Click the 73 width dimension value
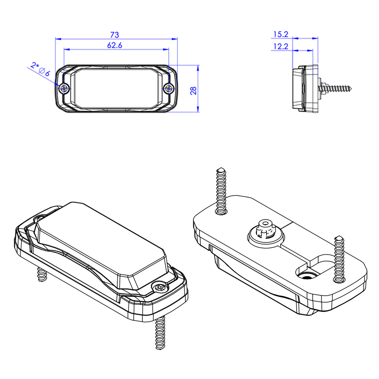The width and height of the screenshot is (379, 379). tap(114, 35)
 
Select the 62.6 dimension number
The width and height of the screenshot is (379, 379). tap(114, 45)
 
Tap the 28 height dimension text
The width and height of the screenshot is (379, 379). tap(193, 91)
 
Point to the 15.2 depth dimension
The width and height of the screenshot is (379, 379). tap(280, 34)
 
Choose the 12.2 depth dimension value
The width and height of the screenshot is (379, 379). tap(280, 46)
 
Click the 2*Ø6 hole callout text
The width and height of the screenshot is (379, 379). tap(41, 69)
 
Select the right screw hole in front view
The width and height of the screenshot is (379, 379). tap(169, 88)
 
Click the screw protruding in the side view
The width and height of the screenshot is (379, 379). tap(335, 88)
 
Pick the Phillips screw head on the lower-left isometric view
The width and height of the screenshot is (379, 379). tap(160, 287)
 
